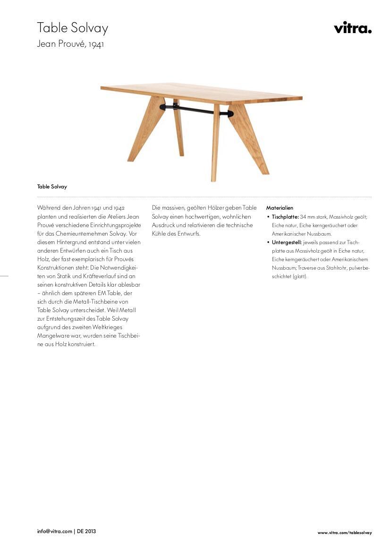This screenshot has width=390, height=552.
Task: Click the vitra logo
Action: coord(352,28)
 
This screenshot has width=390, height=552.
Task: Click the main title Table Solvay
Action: coord(73,28)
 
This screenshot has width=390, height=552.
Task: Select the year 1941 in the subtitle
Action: coord(96,45)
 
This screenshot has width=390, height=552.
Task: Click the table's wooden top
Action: coord(203,93)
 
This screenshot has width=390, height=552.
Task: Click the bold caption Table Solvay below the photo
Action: coord(52,187)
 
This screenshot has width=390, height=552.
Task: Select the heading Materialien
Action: coord(280,208)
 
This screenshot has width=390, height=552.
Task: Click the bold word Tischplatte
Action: coord(285,217)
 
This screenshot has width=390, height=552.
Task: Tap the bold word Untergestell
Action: coord(287,242)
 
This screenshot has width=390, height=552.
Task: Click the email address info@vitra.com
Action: coord(55,531)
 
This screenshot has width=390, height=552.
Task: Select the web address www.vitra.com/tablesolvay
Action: coord(345,533)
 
